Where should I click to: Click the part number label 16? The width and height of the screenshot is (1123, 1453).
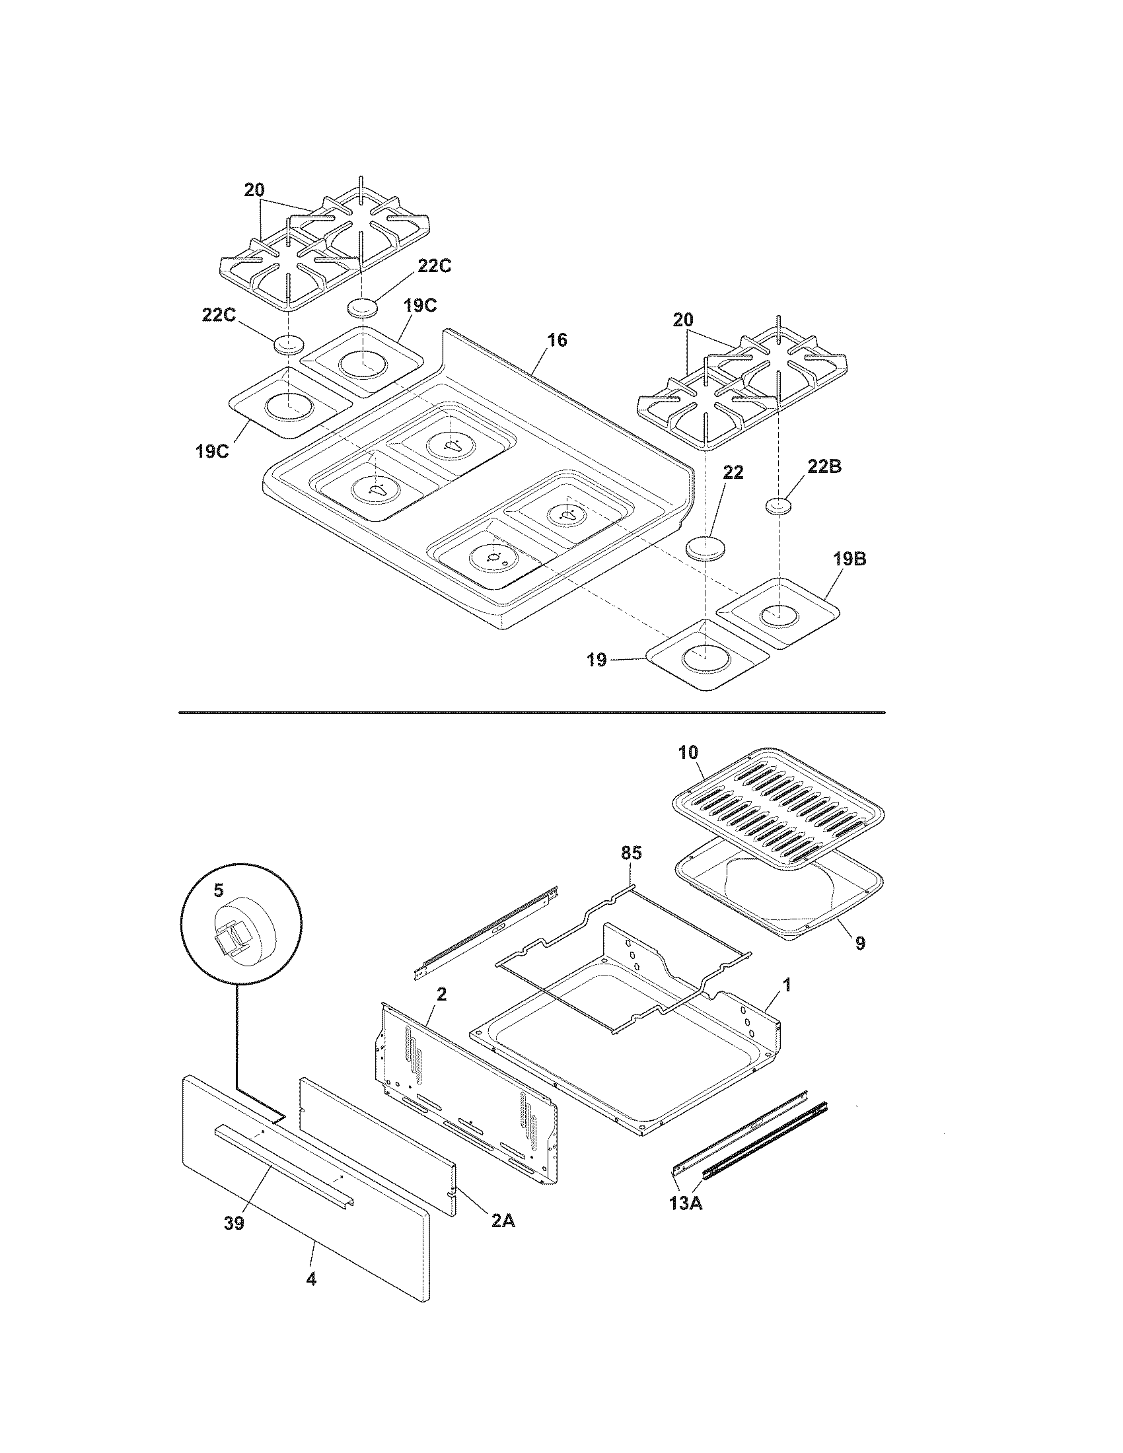point(557,340)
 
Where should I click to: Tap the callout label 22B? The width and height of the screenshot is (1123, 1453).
point(824,466)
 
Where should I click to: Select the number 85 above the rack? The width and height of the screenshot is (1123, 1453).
point(631,852)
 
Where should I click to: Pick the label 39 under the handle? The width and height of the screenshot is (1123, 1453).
point(235,1223)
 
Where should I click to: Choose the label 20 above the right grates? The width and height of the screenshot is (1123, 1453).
point(682,320)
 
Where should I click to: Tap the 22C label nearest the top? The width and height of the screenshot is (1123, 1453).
point(435,266)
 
